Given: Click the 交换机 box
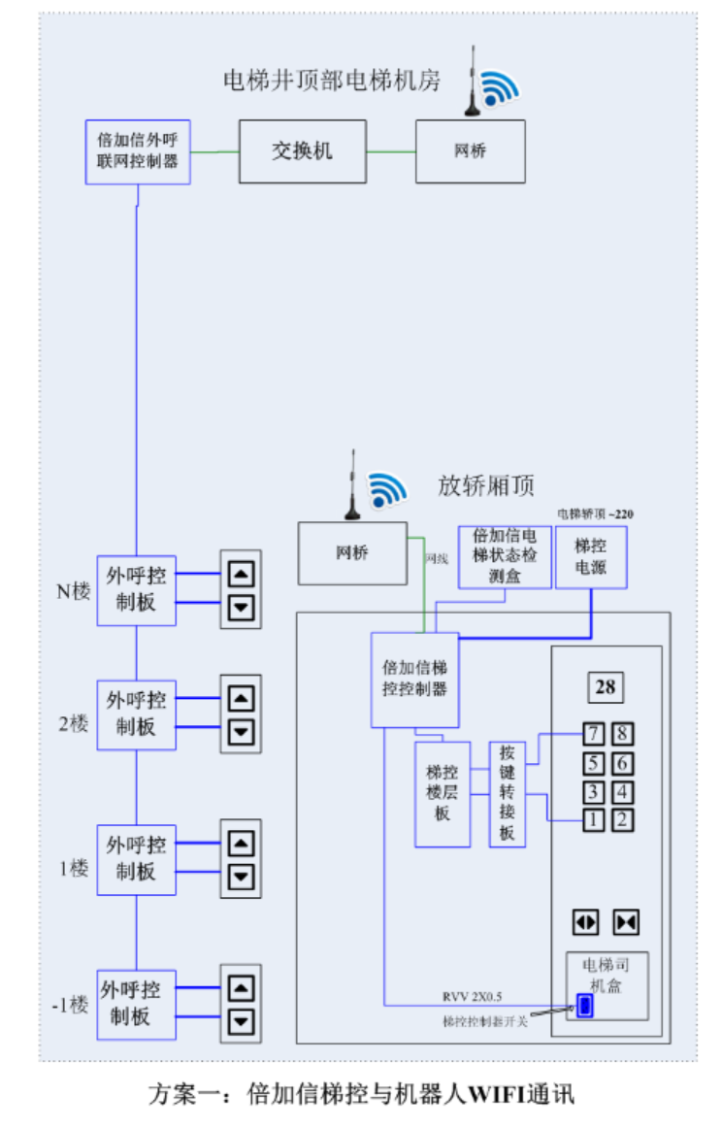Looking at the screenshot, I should pos(303,151).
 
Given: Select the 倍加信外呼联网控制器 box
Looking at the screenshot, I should pos(137,151).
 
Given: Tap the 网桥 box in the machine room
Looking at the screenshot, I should pos(470,151).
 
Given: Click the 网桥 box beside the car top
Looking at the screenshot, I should pos(352,553).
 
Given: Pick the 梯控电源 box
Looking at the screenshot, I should pos(591,557).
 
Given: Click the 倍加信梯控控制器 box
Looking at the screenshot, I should pos(414,680).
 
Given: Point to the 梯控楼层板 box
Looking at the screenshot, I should pos(443,793).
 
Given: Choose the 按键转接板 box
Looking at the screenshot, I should pos(507,793).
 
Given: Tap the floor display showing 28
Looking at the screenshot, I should pos(605,687).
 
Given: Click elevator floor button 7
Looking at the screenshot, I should pos(593,735).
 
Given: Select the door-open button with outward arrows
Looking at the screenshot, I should pos(586,921).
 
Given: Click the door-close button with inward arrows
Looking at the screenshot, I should pos(626,921).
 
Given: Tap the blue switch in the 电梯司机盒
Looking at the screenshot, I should pos(584,1006).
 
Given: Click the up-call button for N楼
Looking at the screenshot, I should pos(241,574).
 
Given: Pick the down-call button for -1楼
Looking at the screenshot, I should pos(241,1021).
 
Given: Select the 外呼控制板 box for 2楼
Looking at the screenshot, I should pos(137,713).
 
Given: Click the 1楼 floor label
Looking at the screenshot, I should pos(73,868).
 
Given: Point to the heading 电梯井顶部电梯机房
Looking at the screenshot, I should pos(332,80).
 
